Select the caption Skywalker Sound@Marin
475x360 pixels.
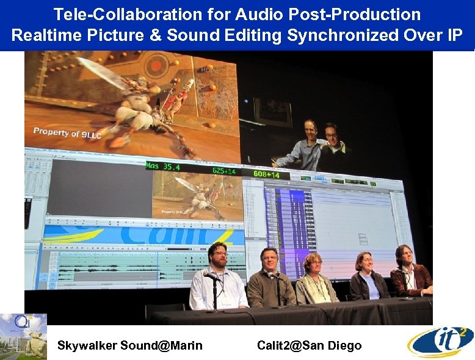tap(129, 345)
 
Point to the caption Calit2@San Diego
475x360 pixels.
tap(309, 345)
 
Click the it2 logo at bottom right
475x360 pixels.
tap(441, 342)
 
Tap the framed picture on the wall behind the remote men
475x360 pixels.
tap(272, 112)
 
